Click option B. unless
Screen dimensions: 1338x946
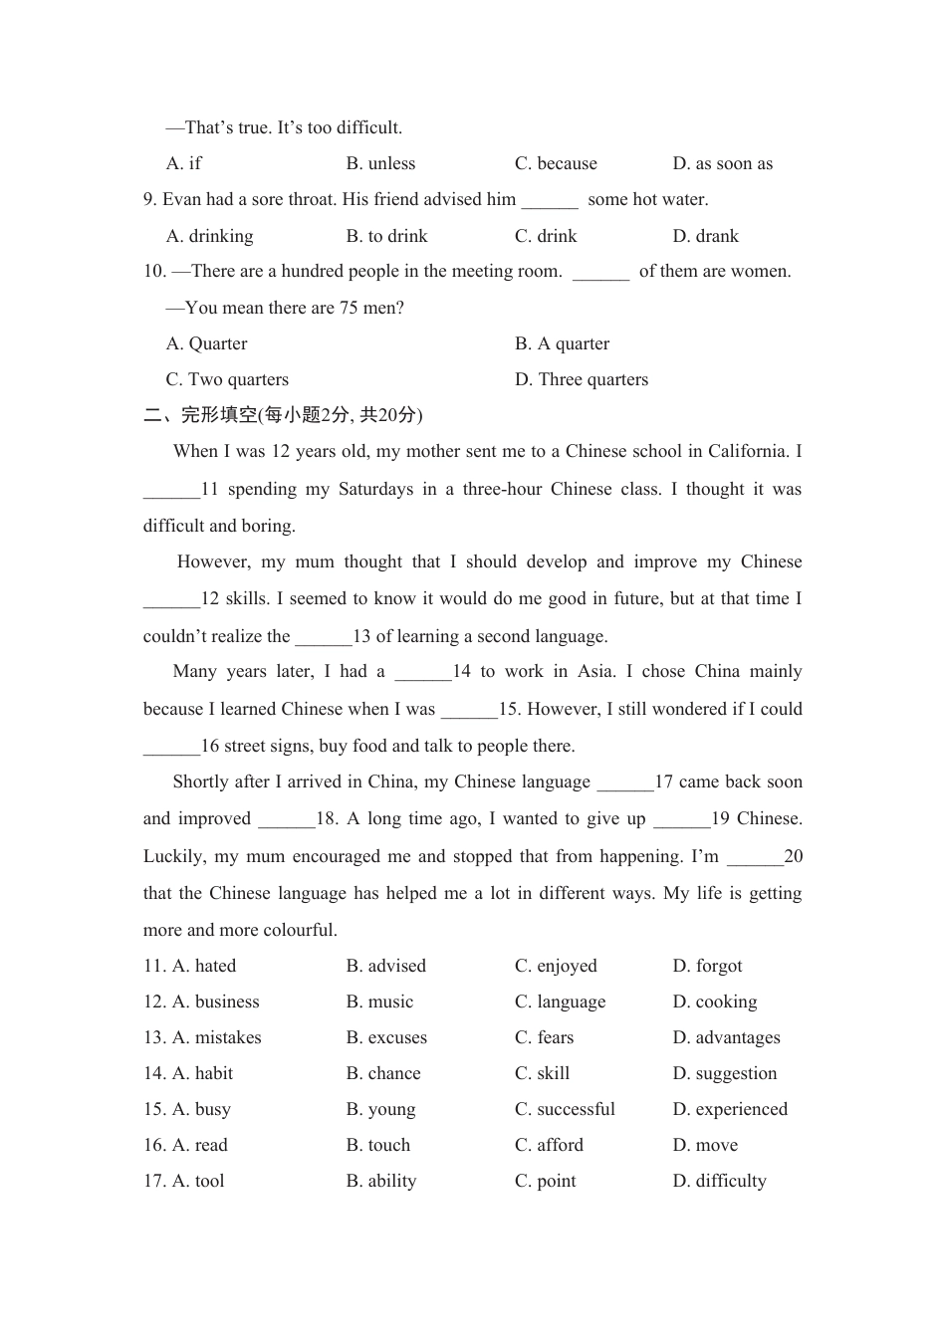click(x=380, y=163)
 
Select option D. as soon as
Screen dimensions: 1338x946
click(x=722, y=163)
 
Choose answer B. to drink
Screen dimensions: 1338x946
click(x=386, y=236)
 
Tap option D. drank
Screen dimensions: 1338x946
click(x=705, y=236)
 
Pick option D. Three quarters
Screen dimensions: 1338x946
click(x=581, y=379)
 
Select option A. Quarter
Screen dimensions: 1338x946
click(x=206, y=343)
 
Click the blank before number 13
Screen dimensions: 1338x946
click(x=324, y=637)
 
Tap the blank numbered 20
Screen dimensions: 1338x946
click(x=755, y=857)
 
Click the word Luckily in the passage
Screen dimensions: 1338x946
click(x=174, y=856)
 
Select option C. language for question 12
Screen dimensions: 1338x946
click(x=560, y=1002)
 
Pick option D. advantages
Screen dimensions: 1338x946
click(x=726, y=1037)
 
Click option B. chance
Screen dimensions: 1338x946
click(x=383, y=1073)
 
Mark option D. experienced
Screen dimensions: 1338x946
click(x=730, y=1109)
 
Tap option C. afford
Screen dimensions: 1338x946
click(x=549, y=1145)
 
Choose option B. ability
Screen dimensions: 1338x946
click(x=381, y=1181)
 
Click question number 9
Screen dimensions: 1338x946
click(x=149, y=199)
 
